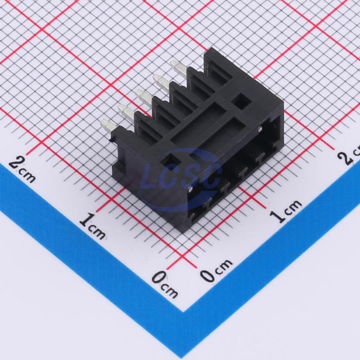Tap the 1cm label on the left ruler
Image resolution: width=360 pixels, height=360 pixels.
click(x=92, y=226)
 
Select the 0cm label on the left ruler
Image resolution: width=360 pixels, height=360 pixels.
click(x=165, y=284)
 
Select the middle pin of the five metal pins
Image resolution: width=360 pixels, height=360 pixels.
click(x=143, y=97)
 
